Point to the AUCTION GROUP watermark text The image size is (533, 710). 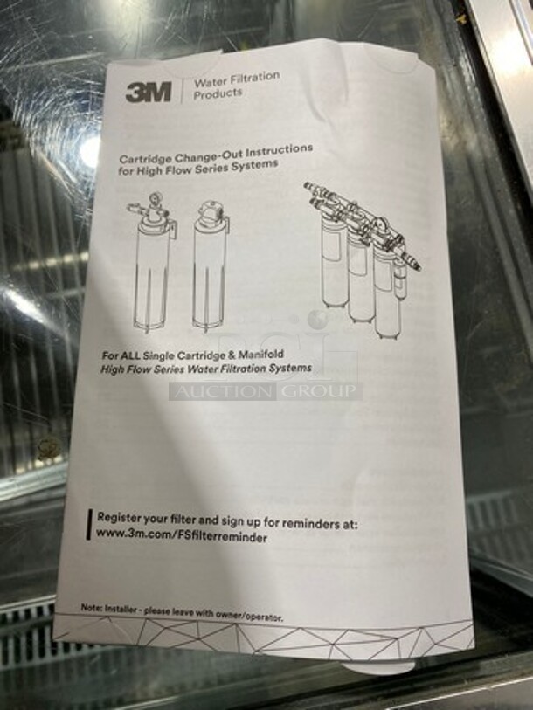[x=266, y=390]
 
